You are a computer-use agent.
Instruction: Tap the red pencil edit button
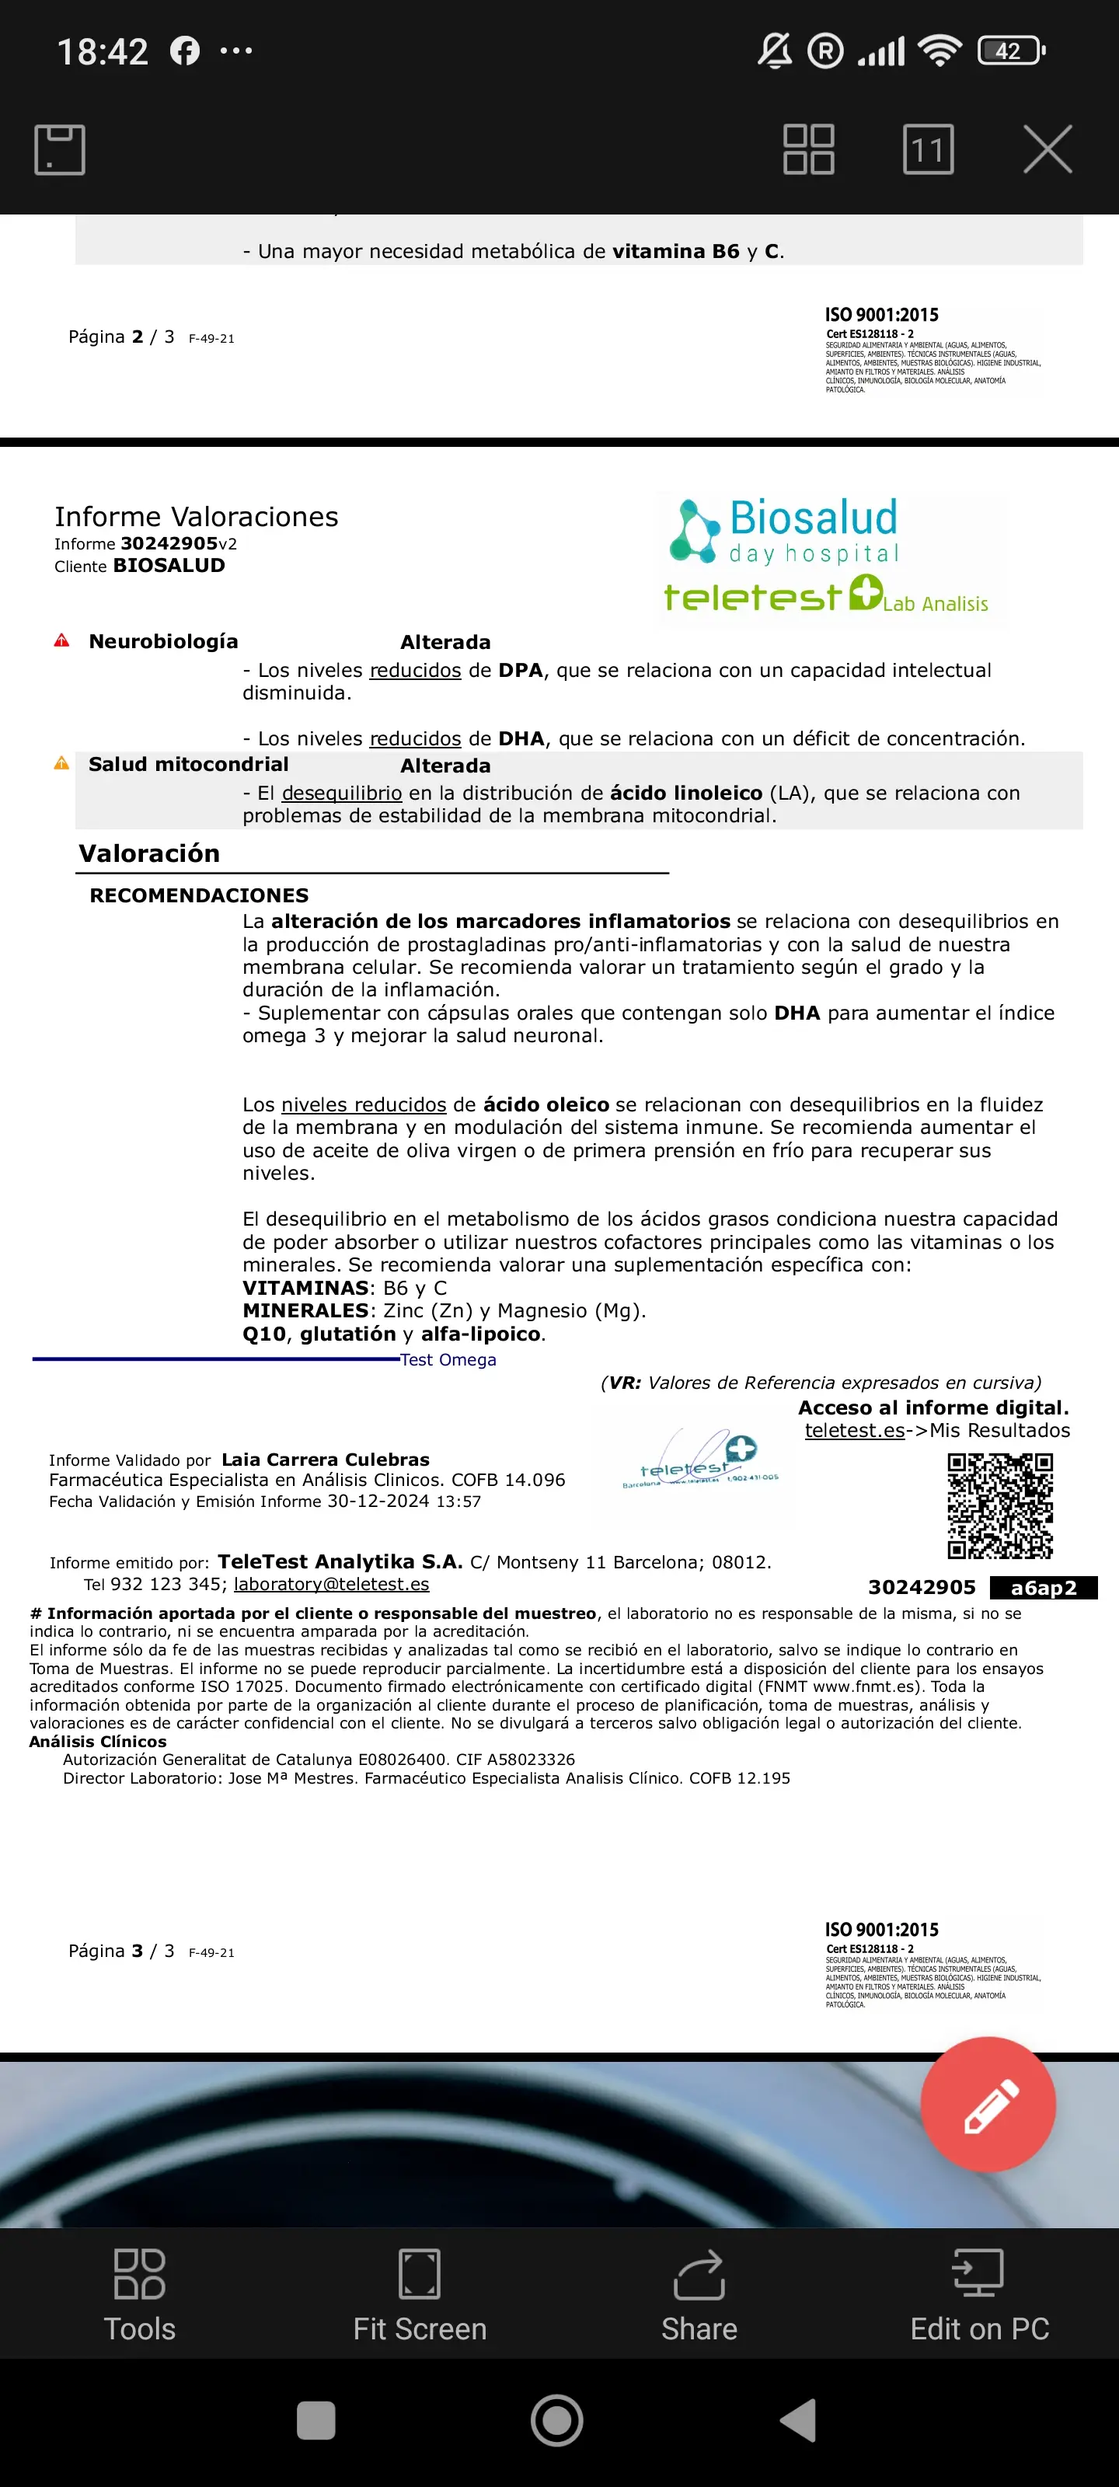click(x=988, y=2105)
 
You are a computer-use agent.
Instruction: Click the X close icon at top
click(x=1048, y=150)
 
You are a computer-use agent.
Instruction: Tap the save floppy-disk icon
click(x=60, y=150)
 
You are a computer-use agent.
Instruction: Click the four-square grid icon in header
click(x=808, y=150)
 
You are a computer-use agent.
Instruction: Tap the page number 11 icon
click(x=928, y=150)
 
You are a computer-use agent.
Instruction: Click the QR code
click(x=999, y=1505)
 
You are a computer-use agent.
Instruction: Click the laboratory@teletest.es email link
click(x=331, y=1585)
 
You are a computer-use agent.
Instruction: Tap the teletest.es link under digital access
click(x=855, y=1431)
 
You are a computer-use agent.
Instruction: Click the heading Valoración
click(x=150, y=853)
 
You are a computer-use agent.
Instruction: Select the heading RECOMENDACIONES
click(x=199, y=895)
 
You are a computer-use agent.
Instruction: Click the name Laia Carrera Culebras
click(x=326, y=1460)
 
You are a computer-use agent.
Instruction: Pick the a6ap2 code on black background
click(x=1043, y=1588)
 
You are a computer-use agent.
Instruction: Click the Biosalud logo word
click(x=813, y=518)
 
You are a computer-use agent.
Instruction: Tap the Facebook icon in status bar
click(x=184, y=51)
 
